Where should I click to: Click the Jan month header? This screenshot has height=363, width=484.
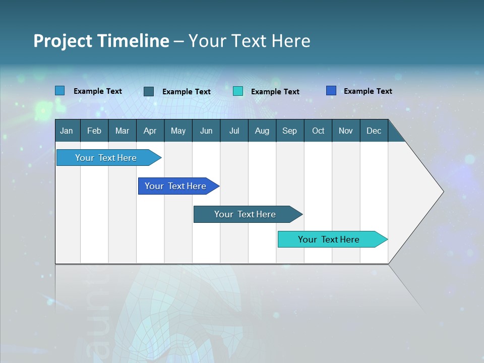point(67,131)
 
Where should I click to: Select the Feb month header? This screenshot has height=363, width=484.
point(94,131)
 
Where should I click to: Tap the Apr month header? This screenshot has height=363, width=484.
point(150,131)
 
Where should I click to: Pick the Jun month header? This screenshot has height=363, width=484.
point(206,131)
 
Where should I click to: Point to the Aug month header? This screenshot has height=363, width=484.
point(262,131)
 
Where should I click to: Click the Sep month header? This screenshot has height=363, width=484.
point(290,131)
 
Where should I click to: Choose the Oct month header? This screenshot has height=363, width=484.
point(318,131)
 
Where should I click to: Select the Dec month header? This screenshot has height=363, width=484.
point(374,131)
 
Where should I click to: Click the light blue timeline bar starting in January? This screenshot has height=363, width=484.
point(106,158)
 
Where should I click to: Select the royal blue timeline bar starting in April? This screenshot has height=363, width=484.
point(175,186)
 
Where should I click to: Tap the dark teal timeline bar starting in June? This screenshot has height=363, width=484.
point(245,214)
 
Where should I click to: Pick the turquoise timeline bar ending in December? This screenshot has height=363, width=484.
point(329,239)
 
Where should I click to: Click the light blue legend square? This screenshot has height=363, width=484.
point(60,91)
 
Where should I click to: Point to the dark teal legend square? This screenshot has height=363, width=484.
point(149,91)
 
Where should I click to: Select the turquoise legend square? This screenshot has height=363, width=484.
point(238,91)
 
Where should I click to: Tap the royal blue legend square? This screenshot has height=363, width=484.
point(331,91)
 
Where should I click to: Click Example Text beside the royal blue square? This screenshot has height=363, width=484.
point(368,91)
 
